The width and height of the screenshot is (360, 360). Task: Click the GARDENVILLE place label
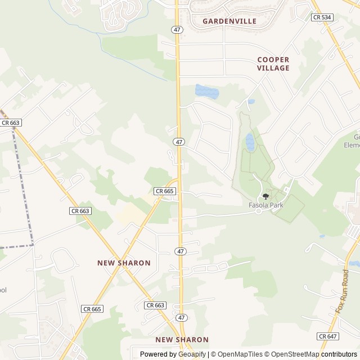click(x=229, y=21)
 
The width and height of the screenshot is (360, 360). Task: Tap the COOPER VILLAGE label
click(x=273, y=64)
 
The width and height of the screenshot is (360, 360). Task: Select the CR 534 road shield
click(x=322, y=17)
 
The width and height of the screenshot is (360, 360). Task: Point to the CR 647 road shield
click(x=328, y=336)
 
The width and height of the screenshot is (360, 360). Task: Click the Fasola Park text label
click(x=266, y=205)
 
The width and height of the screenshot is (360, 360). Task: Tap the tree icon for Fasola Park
click(x=266, y=196)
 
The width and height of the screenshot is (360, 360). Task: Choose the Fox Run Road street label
click(x=343, y=291)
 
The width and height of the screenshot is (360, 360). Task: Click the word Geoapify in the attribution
click(x=192, y=354)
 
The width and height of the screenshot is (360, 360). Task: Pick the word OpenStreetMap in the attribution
click(x=295, y=354)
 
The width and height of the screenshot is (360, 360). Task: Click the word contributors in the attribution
click(x=339, y=354)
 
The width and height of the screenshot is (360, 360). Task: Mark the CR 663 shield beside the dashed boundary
click(x=11, y=123)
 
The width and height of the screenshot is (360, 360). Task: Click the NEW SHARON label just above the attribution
click(x=182, y=340)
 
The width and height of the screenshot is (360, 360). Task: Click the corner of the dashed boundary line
click(x=33, y=245)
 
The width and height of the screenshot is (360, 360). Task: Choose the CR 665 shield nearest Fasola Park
click(x=165, y=191)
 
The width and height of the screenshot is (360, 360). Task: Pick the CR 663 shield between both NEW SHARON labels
click(x=155, y=305)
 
